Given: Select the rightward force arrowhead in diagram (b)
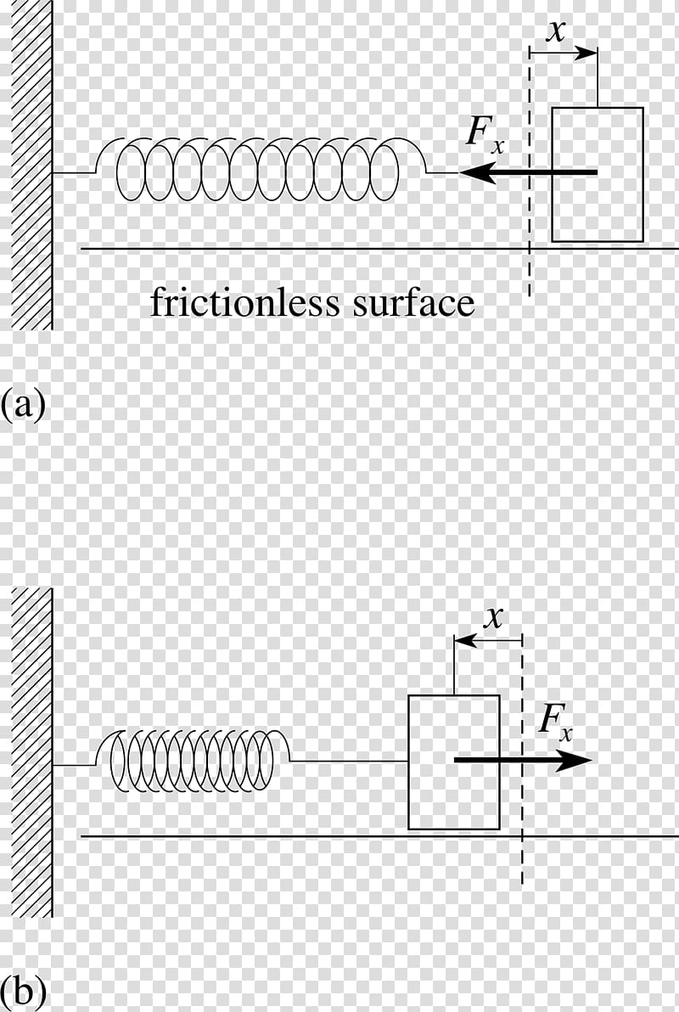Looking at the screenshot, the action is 574,761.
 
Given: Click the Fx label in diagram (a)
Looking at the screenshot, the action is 485,135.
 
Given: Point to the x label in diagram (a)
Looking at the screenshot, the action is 555,31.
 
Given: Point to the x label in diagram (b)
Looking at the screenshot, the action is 494,617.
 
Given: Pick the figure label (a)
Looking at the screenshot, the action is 23,404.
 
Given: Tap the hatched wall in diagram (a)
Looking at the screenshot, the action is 31,165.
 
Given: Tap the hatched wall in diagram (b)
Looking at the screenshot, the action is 31,752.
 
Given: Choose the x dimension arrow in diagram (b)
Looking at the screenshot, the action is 489,641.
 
